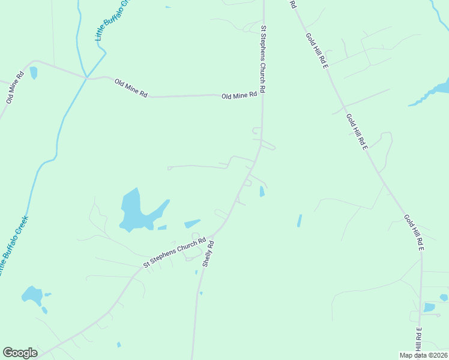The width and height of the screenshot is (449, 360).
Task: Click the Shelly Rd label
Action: (x=208, y=253)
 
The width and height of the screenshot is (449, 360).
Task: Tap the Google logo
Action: (x=20, y=353)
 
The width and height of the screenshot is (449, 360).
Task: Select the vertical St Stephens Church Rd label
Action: (x=262, y=58)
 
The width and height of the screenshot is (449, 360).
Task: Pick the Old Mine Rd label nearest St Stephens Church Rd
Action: (x=239, y=95)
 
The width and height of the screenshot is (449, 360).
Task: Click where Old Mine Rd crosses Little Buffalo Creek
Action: (x=88, y=77)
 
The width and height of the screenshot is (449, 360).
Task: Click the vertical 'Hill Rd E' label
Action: (x=418, y=338)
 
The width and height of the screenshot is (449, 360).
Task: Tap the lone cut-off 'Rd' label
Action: (x=293, y=4)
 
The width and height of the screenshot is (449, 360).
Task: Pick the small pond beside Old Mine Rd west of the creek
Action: (x=34, y=73)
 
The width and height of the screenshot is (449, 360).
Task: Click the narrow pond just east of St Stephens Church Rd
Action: (x=262, y=191)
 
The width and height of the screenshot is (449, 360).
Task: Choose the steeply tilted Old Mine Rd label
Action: (x=14, y=88)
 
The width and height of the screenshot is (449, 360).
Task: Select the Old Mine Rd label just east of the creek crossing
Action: (x=131, y=86)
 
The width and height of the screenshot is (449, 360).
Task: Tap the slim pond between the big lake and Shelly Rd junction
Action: (x=192, y=224)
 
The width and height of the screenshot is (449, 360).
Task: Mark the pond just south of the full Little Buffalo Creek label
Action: (x=32, y=296)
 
